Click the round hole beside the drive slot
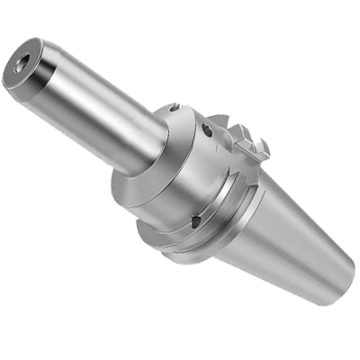tap(208, 132)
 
